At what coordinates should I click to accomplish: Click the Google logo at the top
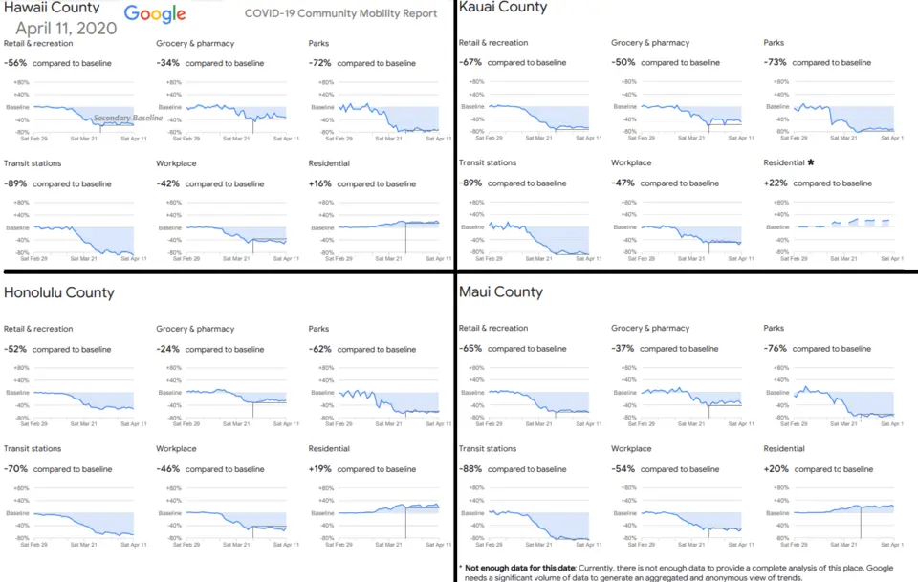[154, 13]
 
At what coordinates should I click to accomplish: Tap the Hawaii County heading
[52, 8]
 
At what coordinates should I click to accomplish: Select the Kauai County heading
[503, 8]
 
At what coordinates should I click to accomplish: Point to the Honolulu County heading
[59, 292]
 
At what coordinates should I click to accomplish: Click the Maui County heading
[501, 291]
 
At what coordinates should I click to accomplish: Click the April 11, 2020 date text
[66, 29]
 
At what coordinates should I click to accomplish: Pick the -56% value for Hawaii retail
[15, 63]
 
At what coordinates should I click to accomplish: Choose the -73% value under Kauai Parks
[776, 62]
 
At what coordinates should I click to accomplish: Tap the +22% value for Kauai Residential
[776, 183]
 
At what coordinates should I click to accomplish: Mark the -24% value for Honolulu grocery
[168, 349]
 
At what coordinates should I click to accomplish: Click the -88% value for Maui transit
[470, 468]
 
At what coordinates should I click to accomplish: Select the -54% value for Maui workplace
[623, 468]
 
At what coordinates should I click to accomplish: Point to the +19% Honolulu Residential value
[320, 469]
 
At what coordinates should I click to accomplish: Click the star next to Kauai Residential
[811, 162]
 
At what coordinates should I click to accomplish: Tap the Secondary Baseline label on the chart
[128, 118]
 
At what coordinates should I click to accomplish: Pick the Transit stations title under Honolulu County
[33, 449]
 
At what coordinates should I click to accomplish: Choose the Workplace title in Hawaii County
[176, 163]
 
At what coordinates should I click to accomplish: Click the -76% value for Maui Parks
[776, 349]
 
